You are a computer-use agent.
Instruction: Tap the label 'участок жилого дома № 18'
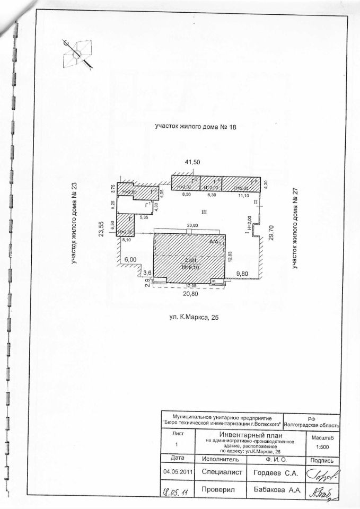pos(195,126)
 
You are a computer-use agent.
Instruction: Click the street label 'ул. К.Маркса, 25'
pos(191,317)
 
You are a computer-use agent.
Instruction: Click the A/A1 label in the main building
pos(214,242)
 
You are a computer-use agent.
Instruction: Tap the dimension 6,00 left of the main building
pos(131,260)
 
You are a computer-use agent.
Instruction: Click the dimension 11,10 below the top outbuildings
pos(243,196)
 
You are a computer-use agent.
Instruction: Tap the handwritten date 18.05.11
pos(178,492)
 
